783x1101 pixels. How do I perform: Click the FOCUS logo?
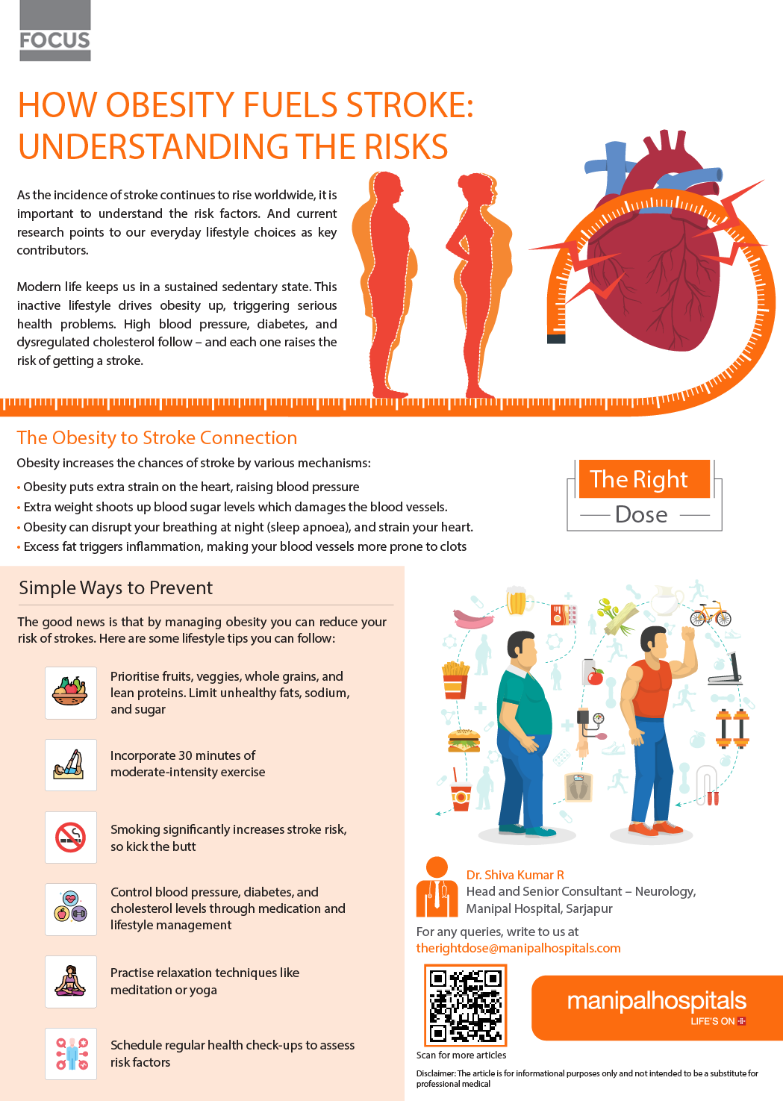55,31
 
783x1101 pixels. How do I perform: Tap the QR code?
465,1005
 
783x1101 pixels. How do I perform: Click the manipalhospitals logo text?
657,1001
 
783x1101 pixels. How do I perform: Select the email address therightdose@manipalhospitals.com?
518,948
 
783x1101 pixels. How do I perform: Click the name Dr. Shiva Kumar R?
514,875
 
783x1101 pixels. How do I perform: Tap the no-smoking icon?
71,838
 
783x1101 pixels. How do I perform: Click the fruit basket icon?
71,691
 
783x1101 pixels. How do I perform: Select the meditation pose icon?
71,981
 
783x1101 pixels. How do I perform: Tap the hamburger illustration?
464,740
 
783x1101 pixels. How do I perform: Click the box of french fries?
455,680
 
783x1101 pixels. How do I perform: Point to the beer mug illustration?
517,600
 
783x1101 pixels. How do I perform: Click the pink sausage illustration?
472,618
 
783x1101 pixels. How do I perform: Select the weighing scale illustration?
578,787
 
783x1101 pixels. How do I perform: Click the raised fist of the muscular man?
687,634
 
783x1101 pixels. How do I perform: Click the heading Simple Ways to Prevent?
116,588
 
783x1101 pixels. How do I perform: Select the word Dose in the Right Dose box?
641,514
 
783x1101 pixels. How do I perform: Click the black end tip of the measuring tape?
556,339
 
